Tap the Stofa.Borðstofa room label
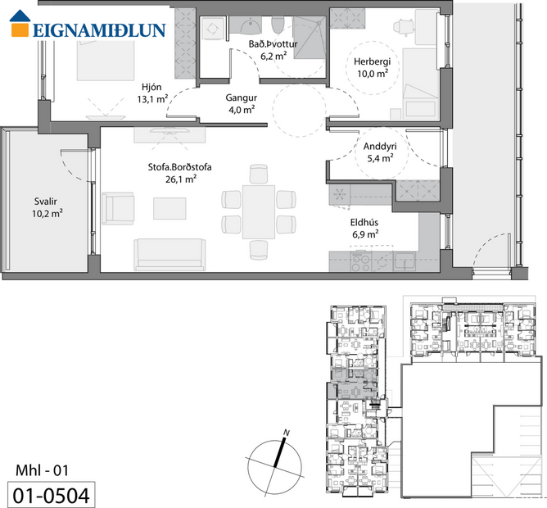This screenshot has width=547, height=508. point(174,166)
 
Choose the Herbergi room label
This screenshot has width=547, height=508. point(371,62)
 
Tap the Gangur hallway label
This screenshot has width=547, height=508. point(241,97)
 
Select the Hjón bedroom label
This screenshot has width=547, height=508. point(151,88)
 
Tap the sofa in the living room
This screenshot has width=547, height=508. point(170,253)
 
